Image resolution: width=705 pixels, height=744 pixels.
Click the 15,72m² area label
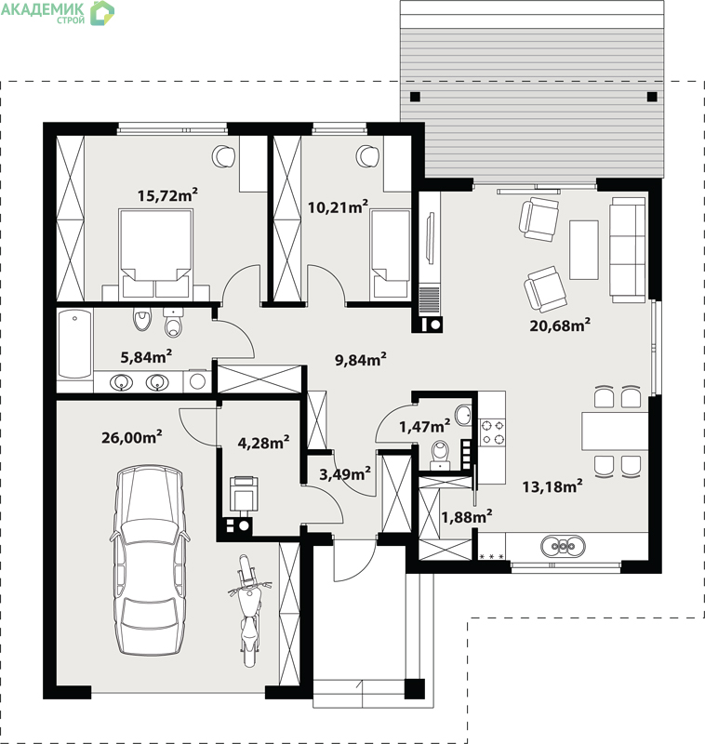(x=167, y=195)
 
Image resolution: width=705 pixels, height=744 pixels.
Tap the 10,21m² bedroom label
(x=338, y=206)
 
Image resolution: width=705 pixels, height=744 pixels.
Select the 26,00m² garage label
(x=132, y=437)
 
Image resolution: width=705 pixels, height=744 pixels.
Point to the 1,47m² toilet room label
(x=425, y=427)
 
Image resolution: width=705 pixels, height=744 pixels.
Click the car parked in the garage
(x=150, y=560)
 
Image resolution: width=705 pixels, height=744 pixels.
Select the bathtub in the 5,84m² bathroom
(x=74, y=344)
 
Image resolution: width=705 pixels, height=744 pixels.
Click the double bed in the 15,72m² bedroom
(x=155, y=254)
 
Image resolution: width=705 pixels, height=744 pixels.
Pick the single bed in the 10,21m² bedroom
(x=391, y=254)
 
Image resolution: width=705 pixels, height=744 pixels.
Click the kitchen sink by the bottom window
(x=563, y=546)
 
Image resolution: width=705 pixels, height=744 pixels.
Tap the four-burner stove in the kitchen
(x=492, y=432)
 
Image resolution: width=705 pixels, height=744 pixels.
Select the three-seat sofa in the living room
(x=628, y=250)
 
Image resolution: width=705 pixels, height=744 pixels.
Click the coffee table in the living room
(x=584, y=249)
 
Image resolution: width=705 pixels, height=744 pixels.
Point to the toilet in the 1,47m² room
(x=440, y=455)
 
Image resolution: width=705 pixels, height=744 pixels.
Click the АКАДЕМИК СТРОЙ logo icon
(x=102, y=13)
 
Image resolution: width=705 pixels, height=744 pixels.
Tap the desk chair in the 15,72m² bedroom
(x=223, y=155)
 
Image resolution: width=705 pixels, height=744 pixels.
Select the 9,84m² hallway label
(x=361, y=360)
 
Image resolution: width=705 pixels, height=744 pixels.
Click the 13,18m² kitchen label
(x=552, y=486)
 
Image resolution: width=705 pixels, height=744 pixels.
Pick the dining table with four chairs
(x=615, y=431)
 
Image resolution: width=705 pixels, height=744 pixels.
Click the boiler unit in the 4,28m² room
(x=244, y=494)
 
